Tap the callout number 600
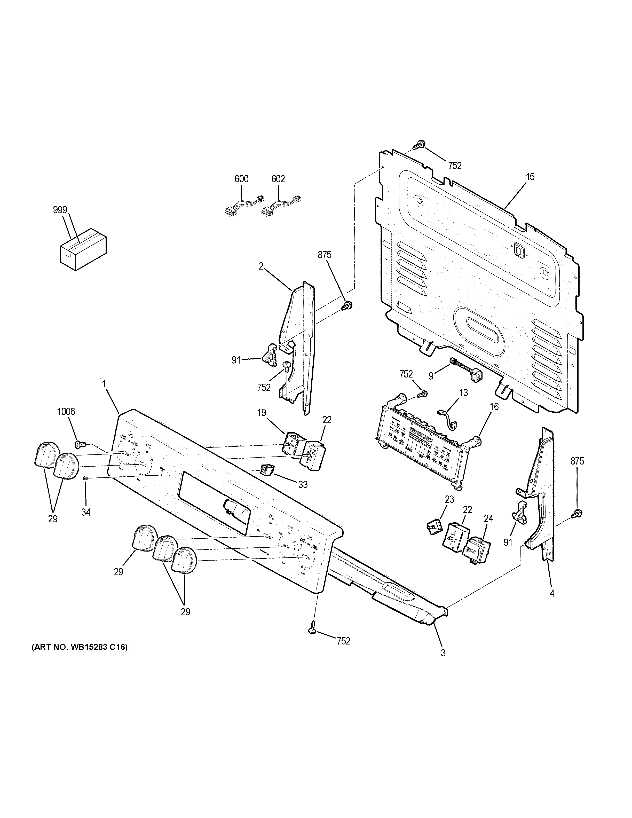[241, 179]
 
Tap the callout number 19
[261, 413]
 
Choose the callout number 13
[463, 393]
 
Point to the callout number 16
[494, 407]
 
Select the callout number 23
[449, 499]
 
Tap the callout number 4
[552, 593]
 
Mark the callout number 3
[443, 653]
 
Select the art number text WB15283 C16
[79, 647]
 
